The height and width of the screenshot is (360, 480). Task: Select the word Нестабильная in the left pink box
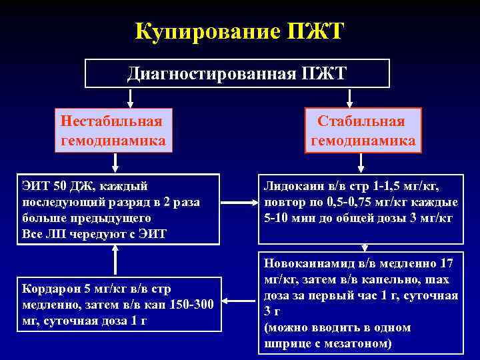coord(111,121)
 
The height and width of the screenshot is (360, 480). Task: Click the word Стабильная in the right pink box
coord(361,121)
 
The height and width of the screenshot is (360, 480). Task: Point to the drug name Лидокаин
coord(293,186)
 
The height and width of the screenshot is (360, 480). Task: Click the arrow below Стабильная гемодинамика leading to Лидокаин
coord(361,163)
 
